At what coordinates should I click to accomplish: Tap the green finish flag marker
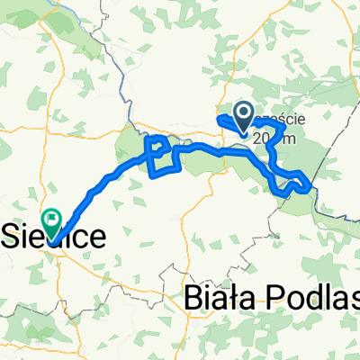pyautogui.click(x=51, y=218)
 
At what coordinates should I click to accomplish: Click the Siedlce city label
pyautogui.click(x=54, y=237)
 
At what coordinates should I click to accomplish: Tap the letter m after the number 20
pyautogui.click(x=285, y=139)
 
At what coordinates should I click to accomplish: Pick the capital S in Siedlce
pyautogui.click(x=13, y=237)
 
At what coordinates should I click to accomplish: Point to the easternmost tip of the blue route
pyautogui.click(x=311, y=186)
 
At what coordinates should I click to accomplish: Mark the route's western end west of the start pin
pyautogui.click(x=220, y=119)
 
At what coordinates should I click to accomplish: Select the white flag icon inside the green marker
pyautogui.click(x=51, y=217)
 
